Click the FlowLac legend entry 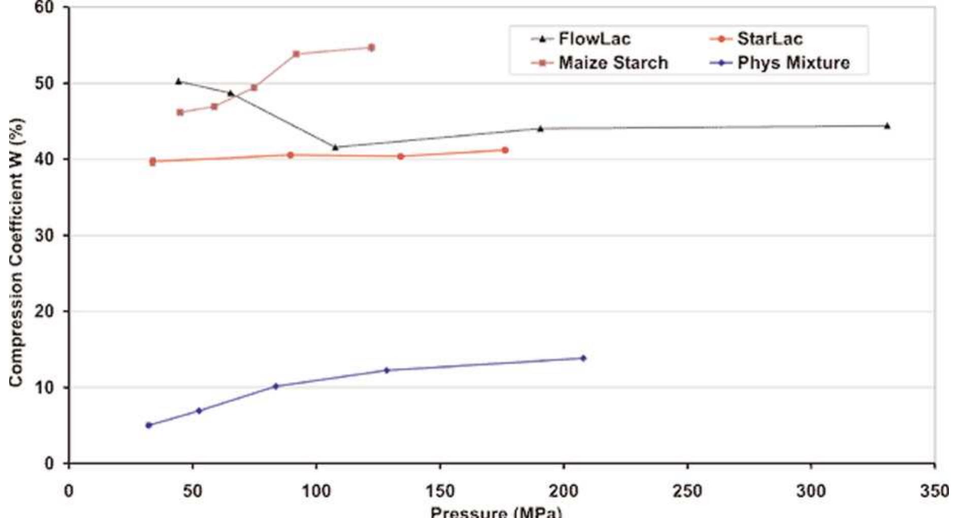click(582, 39)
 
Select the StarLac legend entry click(757, 39)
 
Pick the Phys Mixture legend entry click(780, 63)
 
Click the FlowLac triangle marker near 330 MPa click(887, 126)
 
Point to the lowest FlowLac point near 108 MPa click(335, 147)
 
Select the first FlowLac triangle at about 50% click(178, 81)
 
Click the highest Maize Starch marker click(371, 47)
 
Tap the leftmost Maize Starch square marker click(180, 112)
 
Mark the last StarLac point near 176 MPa click(505, 150)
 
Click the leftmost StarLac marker click(152, 161)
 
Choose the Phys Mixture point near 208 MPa click(583, 358)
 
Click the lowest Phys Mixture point click(149, 425)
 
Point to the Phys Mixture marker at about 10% click(276, 386)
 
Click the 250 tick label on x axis click(687, 491)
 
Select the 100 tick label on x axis click(316, 491)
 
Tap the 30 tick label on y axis click(45, 235)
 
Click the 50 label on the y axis click(45, 83)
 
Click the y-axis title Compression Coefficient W click(16, 253)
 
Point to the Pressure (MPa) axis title click(496, 511)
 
